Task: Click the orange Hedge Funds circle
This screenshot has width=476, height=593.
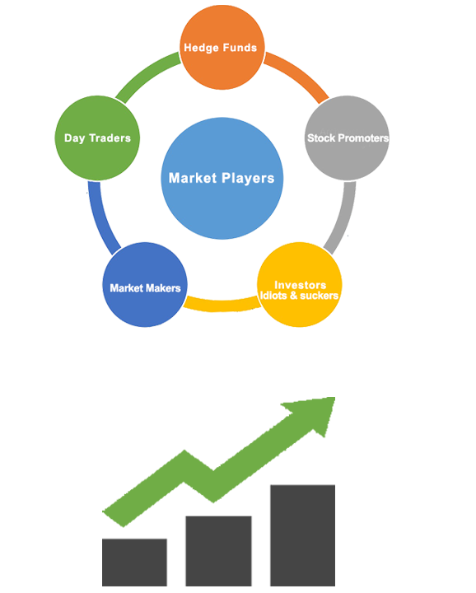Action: [x=222, y=47]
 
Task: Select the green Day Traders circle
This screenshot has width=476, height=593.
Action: [x=97, y=138]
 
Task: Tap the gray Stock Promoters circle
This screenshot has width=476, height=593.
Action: [x=347, y=138]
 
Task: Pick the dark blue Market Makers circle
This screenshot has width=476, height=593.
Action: [x=145, y=284]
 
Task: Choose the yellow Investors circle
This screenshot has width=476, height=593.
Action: [x=300, y=284]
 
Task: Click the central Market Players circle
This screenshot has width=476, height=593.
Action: [x=222, y=178]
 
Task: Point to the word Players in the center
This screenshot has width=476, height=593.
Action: [x=248, y=178]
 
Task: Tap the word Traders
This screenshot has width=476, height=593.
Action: [x=110, y=138]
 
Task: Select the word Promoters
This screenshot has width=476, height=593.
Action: [x=363, y=138]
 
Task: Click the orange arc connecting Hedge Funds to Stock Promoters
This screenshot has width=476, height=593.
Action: [x=299, y=74]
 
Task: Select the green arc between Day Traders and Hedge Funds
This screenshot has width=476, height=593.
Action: [x=146, y=74]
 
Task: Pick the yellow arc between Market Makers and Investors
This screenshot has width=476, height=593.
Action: [x=222, y=306]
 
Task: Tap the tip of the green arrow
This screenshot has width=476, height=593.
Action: [x=335, y=398]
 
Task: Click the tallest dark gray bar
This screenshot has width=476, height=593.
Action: [x=302, y=535]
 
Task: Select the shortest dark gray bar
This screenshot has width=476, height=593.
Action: [x=134, y=563]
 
